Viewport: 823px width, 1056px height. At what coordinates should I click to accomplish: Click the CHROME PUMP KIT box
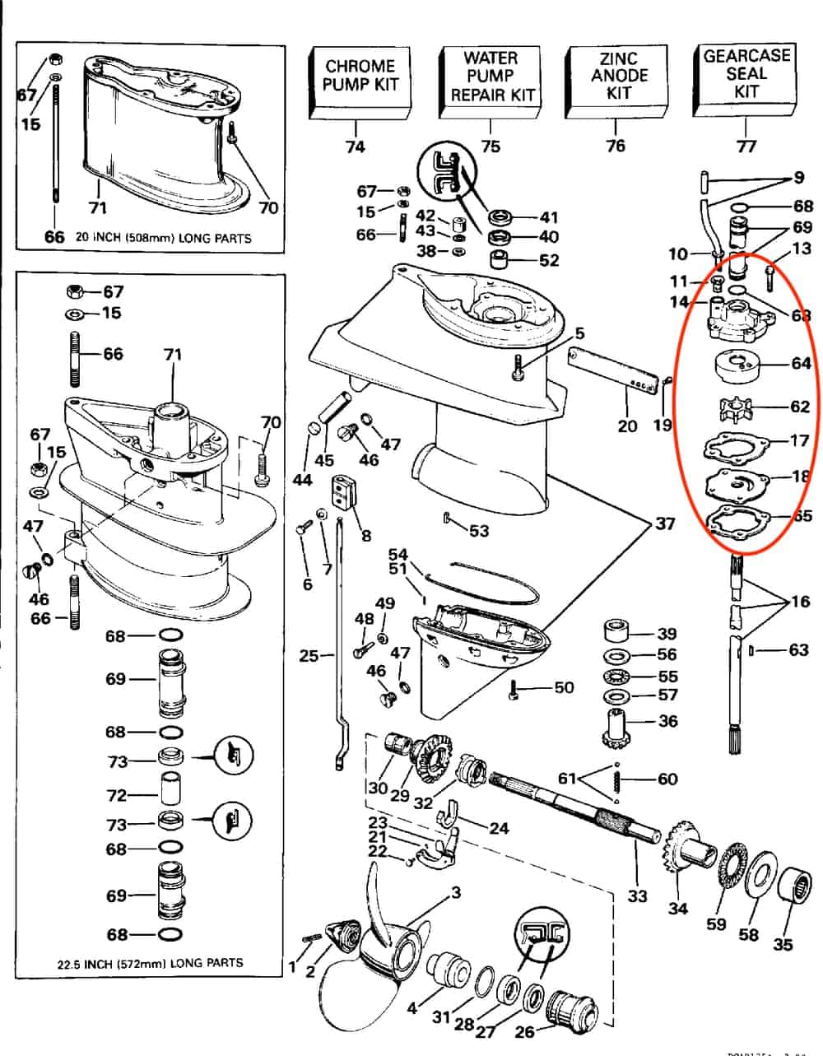pyautogui.click(x=360, y=76)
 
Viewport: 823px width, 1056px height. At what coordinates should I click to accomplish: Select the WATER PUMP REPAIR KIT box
pyautogui.click(x=490, y=76)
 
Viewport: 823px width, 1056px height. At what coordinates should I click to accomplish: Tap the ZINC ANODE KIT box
pyautogui.click(x=618, y=76)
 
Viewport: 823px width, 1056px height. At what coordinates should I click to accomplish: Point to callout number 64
pyautogui.click(x=801, y=363)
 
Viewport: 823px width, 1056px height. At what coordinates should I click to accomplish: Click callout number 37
pyautogui.click(x=664, y=523)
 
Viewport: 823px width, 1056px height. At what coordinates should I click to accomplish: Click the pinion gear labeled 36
pyautogui.click(x=617, y=725)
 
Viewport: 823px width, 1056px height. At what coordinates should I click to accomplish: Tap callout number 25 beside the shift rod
pyautogui.click(x=309, y=656)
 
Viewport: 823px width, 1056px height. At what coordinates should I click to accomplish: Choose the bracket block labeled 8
pyautogui.click(x=342, y=496)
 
